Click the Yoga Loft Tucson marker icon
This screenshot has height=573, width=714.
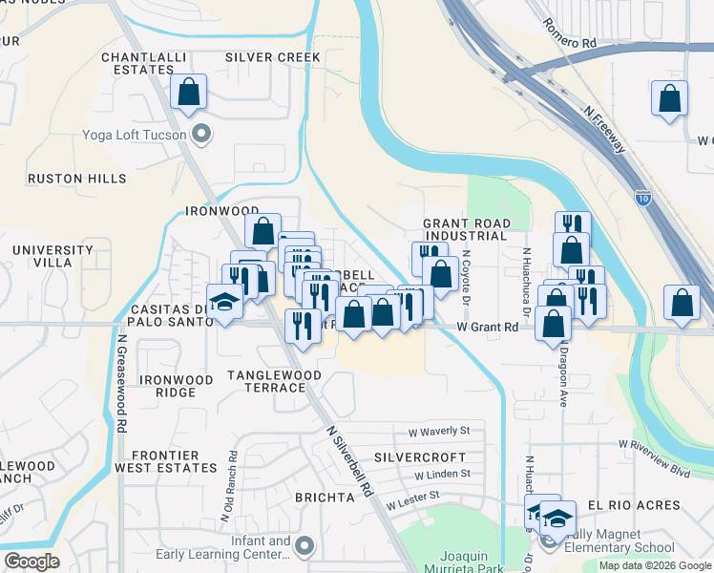pyautogui.click(x=200, y=134)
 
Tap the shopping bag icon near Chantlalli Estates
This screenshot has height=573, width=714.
pyautogui.click(x=189, y=94)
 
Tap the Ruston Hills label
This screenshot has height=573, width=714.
pyautogui.click(x=76, y=179)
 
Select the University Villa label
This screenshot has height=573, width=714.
pyautogui.click(x=52, y=257)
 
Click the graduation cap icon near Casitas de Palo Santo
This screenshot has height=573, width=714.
pyautogui.click(x=225, y=302)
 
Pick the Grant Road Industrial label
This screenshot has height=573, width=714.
pyautogui.click(x=466, y=229)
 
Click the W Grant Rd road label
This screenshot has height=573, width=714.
pyautogui.click(x=487, y=327)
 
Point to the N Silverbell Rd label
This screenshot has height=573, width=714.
pyautogui.click(x=349, y=462)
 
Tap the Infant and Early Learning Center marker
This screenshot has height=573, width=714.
pyautogui.click(x=304, y=546)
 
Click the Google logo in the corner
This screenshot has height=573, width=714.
pyautogui.click(x=31, y=562)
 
